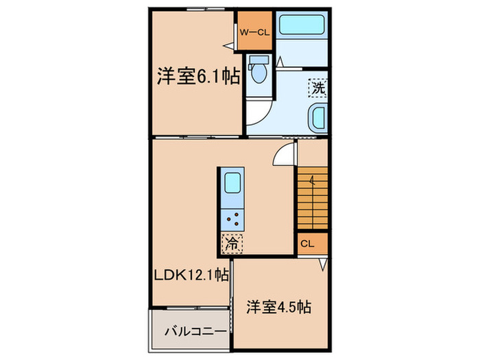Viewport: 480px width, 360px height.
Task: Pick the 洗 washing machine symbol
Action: [x=317, y=88]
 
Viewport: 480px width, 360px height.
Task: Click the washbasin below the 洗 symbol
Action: [x=319, y=118]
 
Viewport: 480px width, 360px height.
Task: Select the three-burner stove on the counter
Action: [x=232, y=219]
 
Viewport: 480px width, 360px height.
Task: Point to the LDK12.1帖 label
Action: [x=191, y=276]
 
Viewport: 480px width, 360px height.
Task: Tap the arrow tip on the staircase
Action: [x=312, y=179]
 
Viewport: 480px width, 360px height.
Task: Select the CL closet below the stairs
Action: [x=307, y=243]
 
